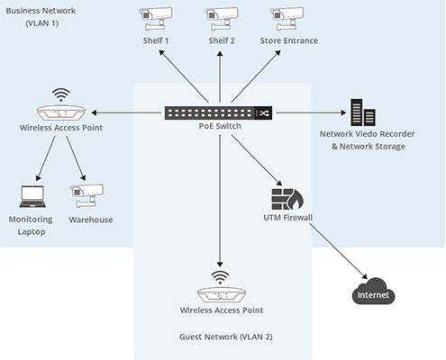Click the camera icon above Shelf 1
click(x=156, y=19)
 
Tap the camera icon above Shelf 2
click(x=222, y=19)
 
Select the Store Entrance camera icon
click(x=287, y=19)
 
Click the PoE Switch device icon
click(x=218, y=112)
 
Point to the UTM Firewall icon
click(x=287, y=199)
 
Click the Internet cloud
click(x=373, y=292)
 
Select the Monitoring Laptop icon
click(x=32, y=197)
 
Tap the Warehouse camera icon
click(x=86, y=195)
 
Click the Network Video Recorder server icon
click(x=363, y=112)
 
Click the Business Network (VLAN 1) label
click(x=41, y=17)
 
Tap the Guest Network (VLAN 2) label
click(x=226, y=337)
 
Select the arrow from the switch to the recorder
click(x=311, y=112)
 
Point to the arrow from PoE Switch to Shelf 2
click(x=220, y=76)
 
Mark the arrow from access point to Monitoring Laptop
click(x=46, y=158)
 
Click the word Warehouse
click(x=91, y=220)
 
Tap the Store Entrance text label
click(x=289, y=40)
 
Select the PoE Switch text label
click(x=220, y=126)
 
